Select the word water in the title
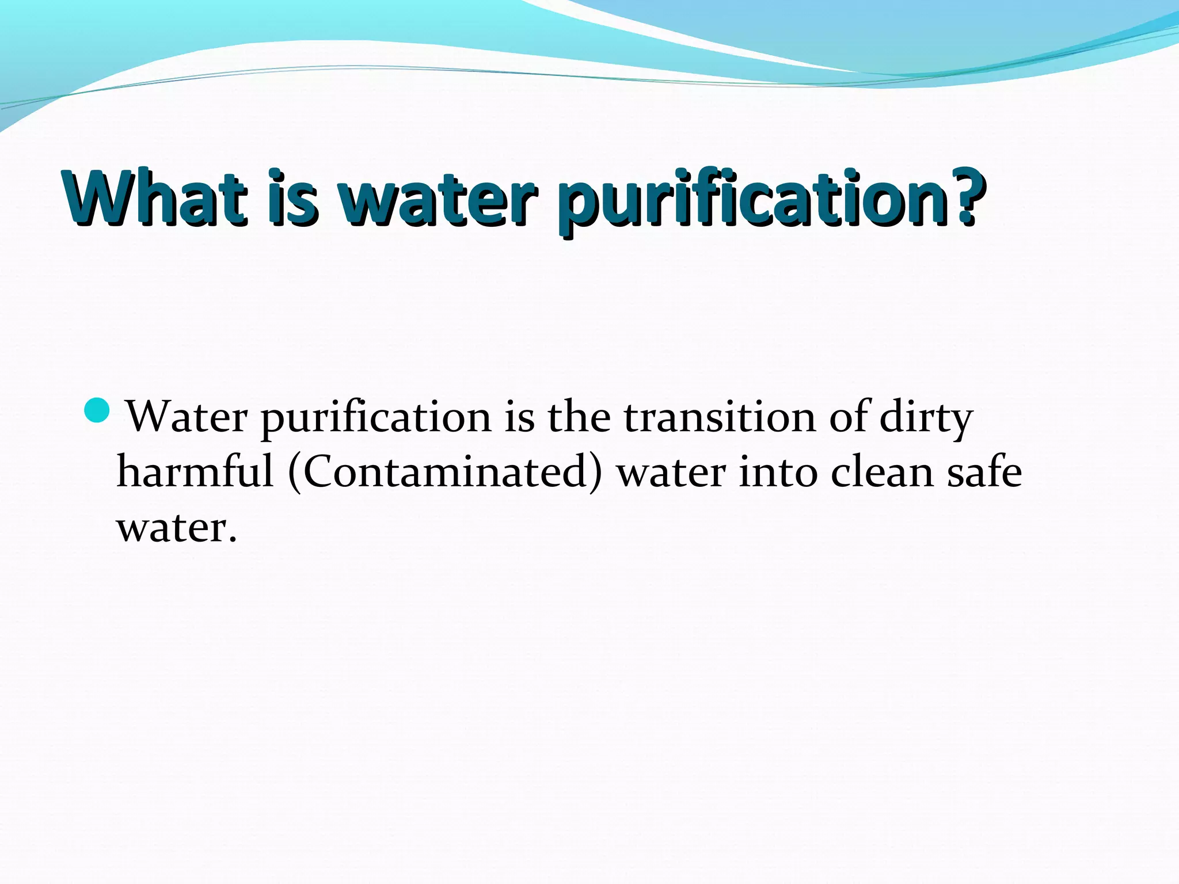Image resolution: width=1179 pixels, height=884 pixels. pos(438,199)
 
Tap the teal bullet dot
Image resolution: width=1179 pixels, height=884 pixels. pos(96,410)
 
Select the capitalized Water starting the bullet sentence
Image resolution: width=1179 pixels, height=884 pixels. pos(187,417)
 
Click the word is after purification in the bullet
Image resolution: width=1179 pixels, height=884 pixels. pos(519,417)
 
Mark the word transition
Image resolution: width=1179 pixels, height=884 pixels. pos(720,417)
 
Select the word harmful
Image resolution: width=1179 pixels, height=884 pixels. pos(195,472)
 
